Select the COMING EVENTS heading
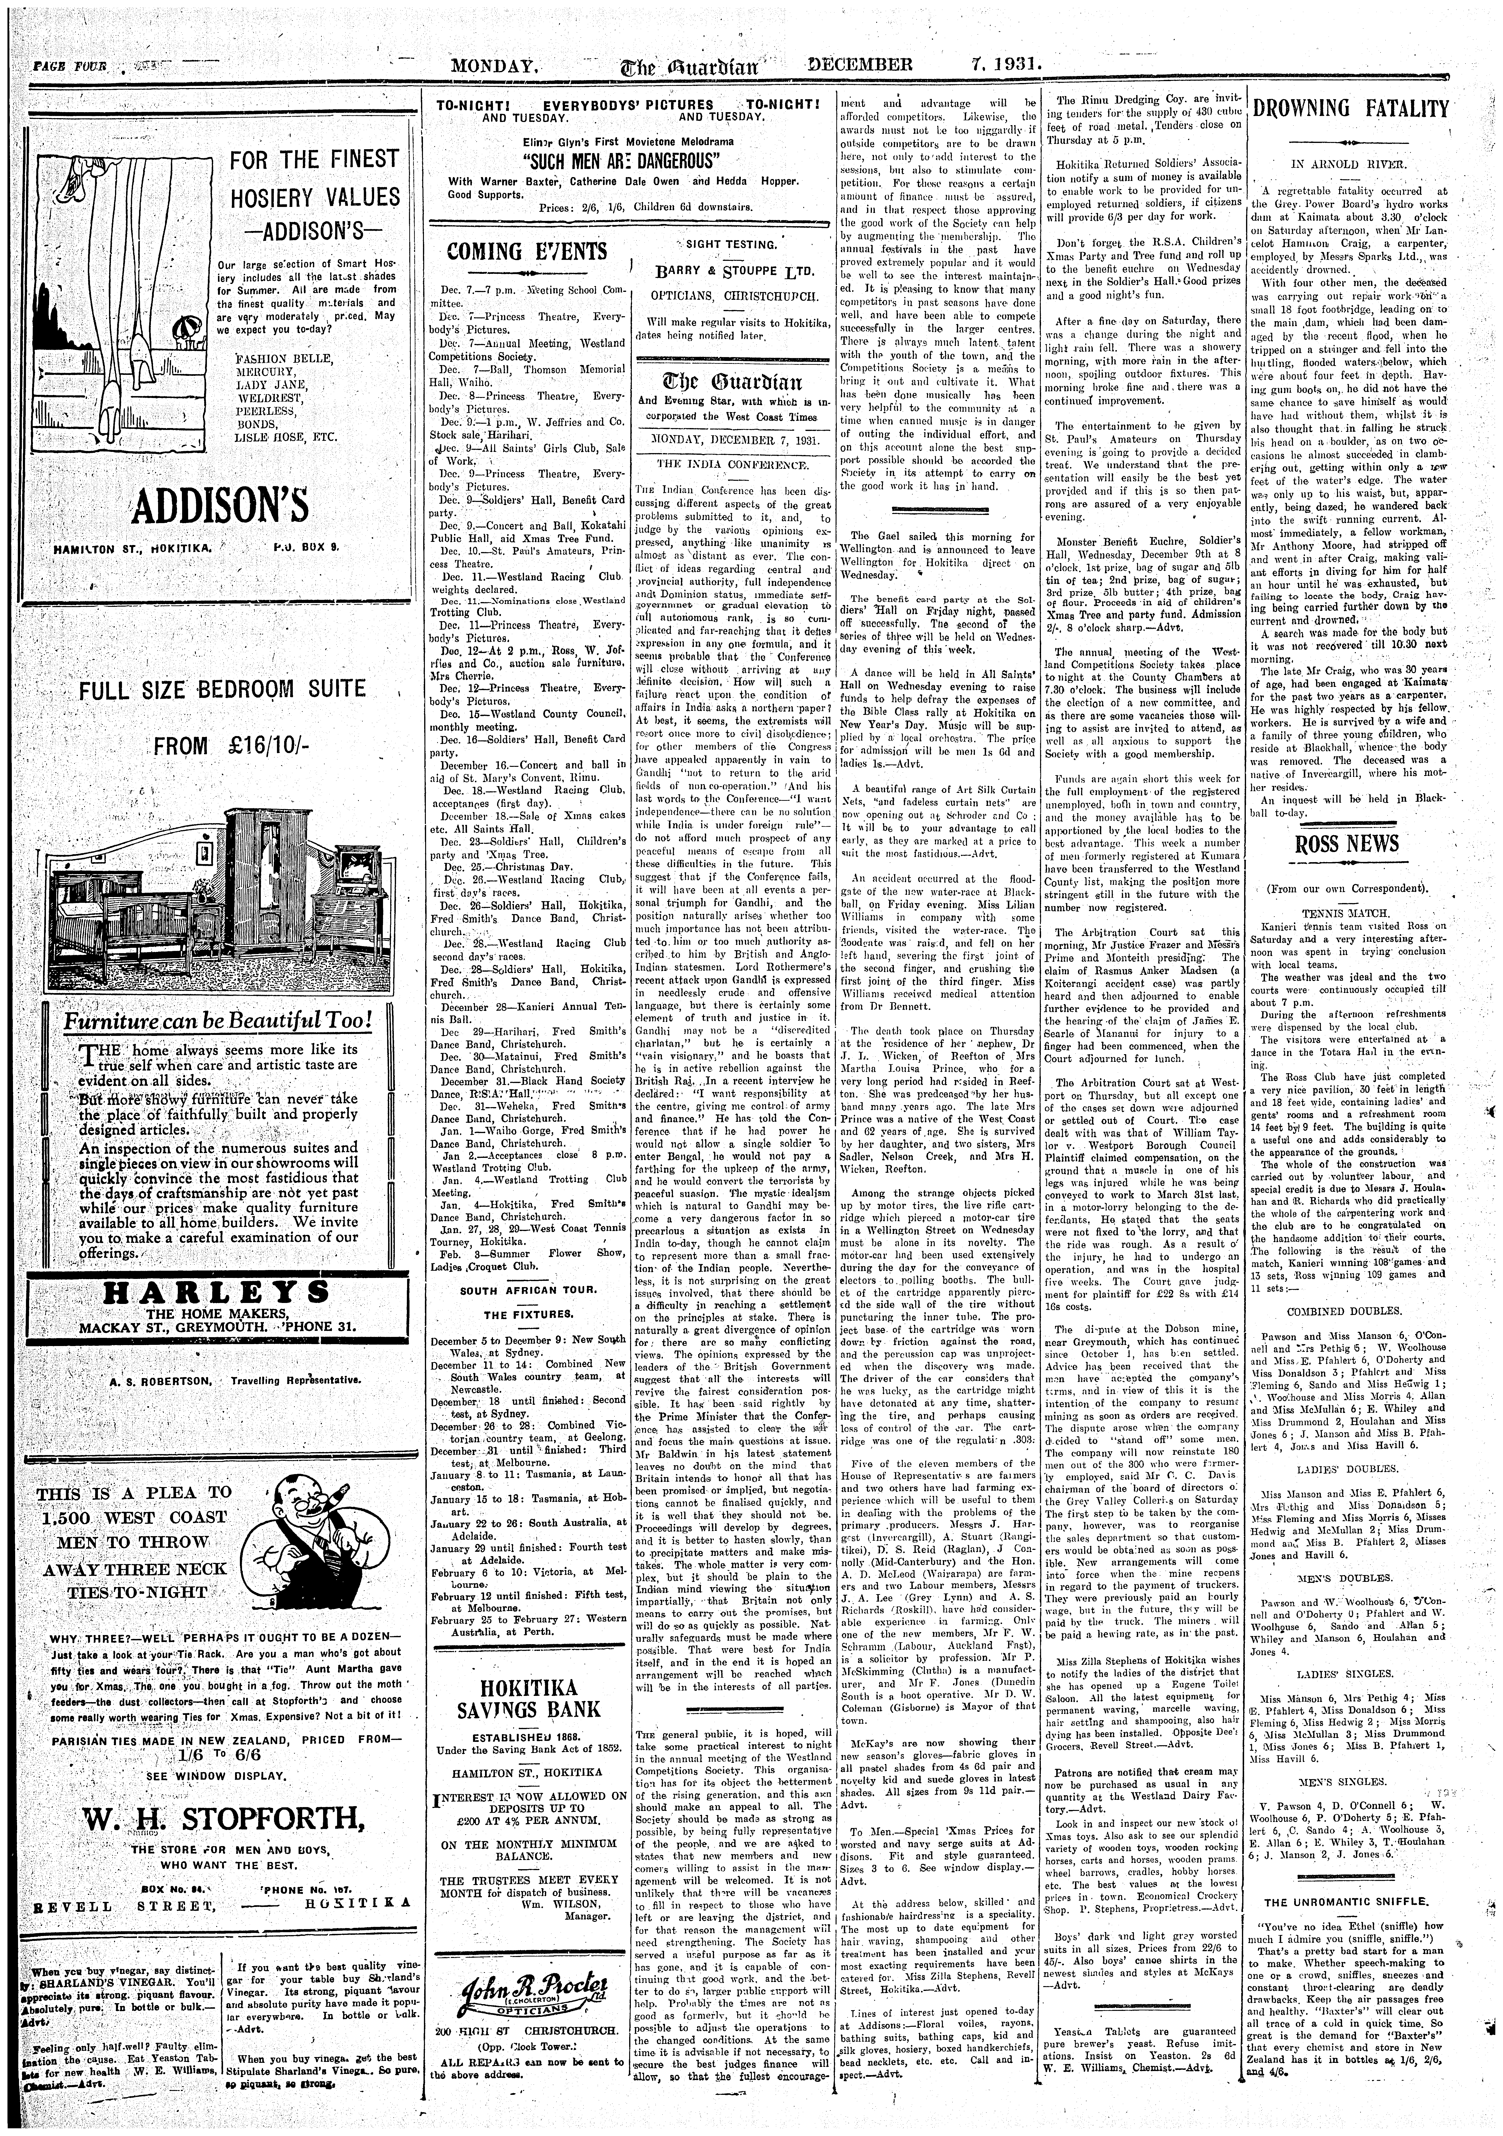tap(526, 251)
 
